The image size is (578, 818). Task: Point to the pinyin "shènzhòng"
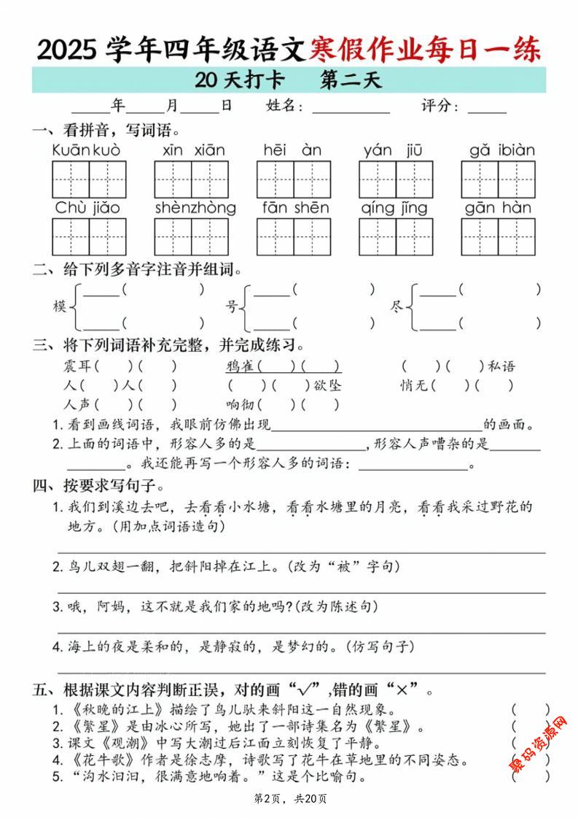[195, 208]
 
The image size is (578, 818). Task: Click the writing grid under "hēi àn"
[294, 180]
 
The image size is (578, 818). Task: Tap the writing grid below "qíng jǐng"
[396, 236]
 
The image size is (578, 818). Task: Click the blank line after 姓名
[351, 107]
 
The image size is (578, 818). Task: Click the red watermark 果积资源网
[539, 744]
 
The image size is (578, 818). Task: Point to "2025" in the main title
[67, 50]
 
